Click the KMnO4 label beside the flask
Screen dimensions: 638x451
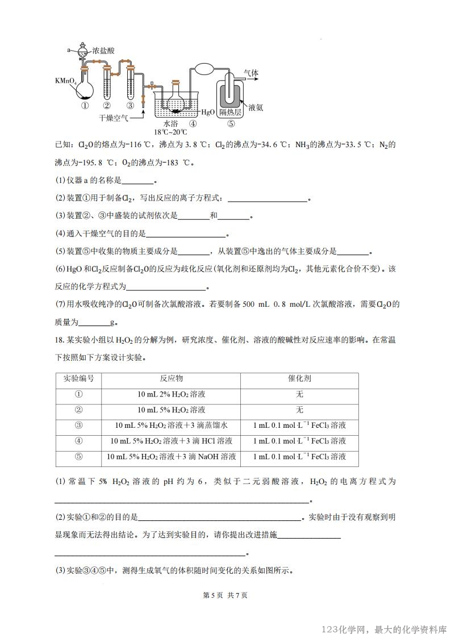point(66,81)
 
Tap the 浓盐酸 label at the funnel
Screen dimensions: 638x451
point(103,51)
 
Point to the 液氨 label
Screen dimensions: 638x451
point(256,107)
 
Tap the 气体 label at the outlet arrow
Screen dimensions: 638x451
point(251,73)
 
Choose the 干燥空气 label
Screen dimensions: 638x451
point(114,118)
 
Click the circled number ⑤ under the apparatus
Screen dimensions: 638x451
point(231,123)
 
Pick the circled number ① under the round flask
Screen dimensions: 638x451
point(83,105)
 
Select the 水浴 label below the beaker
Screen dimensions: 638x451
point(172,123)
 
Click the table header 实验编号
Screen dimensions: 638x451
point(78,379)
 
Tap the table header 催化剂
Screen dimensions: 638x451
point(299,379)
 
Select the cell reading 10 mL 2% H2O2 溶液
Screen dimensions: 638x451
point(171,394)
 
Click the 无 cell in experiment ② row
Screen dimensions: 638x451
point(299,410)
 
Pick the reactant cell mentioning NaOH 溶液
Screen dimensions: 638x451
point(171,456)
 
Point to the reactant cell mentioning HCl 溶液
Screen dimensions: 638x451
point(171,441)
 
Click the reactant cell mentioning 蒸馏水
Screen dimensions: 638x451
point(171,426)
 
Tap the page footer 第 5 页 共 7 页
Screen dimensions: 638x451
point(225,595)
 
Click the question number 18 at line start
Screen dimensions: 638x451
point(59,341)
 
